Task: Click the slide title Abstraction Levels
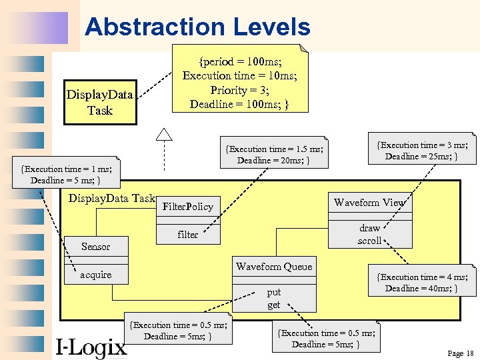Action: [x=197, y=27]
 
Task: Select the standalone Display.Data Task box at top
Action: [x=100, y=103]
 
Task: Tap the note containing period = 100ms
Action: [x=239, y=83]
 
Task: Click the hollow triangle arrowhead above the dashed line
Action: [x=164, y=133]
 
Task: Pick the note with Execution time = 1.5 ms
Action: [x=274, y=155]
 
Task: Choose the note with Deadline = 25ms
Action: [x=422, y=151]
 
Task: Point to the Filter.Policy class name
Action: [x=187, y=207]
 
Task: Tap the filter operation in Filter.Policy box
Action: [x=187, y=235]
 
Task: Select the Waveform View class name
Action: [x=369, y=203]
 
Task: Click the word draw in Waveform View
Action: [x=369, y=228]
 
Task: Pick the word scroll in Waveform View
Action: [x=369, y=241]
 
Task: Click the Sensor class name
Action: [x=95, y=247]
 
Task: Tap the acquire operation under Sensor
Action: [x=95, y=275]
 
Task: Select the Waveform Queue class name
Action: [x=273, y=267]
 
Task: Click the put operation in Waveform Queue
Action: [x=273, y=292]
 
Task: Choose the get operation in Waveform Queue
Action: [x=273, y=305]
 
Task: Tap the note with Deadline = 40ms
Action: [x=422, y=283]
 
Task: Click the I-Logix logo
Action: [x=91, y=346]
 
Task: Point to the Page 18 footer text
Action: [x=460, y=353]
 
